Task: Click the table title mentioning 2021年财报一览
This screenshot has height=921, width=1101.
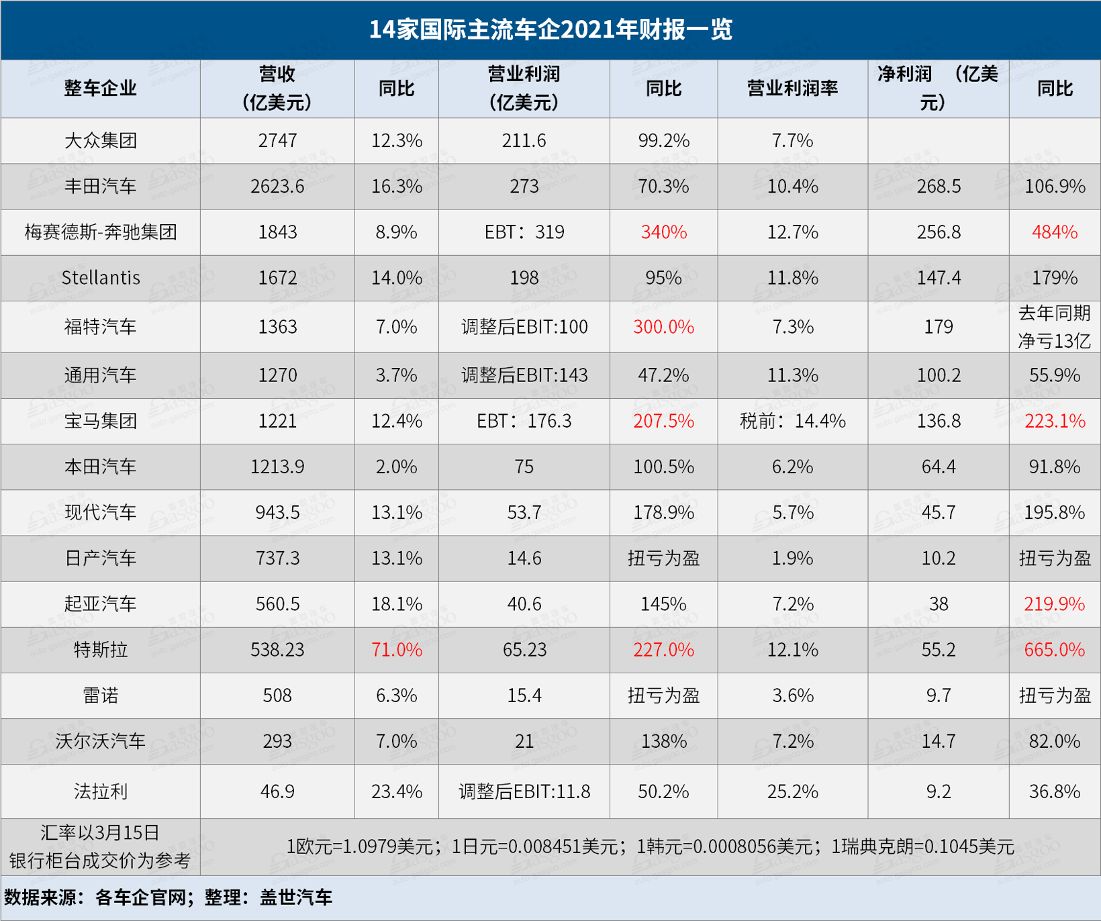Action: click(550, 30)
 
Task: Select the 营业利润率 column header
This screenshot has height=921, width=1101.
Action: click(792, 89)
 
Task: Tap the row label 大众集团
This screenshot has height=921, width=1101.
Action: click(101, 141)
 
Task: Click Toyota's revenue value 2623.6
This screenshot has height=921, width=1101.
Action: click(277, 187)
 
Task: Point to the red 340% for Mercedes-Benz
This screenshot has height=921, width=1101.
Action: click(663, 232)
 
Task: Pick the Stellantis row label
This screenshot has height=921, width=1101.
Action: click(101, 278)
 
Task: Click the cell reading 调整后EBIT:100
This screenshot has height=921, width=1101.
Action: click(524, 327)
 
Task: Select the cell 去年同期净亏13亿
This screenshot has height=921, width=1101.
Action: click(1054, 327)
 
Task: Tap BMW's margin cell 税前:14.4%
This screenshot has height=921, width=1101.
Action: click(792, 421)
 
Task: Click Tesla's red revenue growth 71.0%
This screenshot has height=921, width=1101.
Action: click(397, 650)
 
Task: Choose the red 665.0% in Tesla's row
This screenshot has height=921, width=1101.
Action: click(1054, 650)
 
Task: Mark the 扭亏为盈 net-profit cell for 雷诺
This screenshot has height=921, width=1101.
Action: click(1054, 695)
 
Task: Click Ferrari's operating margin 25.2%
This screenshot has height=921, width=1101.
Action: click(792, 791)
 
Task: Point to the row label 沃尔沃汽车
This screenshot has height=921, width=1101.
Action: click(101, 741)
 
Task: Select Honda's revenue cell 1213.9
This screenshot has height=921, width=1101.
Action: click(277, 467)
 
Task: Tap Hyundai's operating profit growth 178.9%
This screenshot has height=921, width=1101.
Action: click(663, 513)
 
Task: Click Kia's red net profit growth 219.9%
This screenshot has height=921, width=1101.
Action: click(1054, 604)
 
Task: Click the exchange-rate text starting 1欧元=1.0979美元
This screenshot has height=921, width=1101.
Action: click(650, 846)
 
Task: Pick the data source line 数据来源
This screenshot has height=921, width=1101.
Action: click(168, 898)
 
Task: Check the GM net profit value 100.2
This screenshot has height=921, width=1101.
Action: click(938, 375)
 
